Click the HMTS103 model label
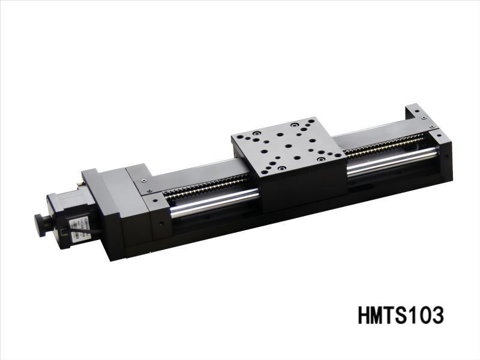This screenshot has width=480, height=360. [x=401, y=314]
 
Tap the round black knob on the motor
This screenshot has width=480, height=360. [x=43, y=224]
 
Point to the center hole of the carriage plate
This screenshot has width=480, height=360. [x=288, y=145]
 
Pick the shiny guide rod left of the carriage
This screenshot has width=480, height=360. [x=216, y=201]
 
